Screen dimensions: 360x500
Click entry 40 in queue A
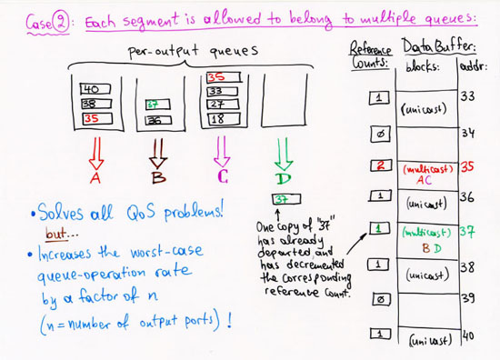coord(90,90)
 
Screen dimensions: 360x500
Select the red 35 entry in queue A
coord(90,118)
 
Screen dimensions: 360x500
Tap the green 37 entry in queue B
coord(155,105)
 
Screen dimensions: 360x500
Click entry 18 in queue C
coord(218,119)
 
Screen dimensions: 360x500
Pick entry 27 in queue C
coord(218,105)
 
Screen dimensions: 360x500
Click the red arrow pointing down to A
coord(95,150)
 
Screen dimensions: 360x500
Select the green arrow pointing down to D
coord(283,150)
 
